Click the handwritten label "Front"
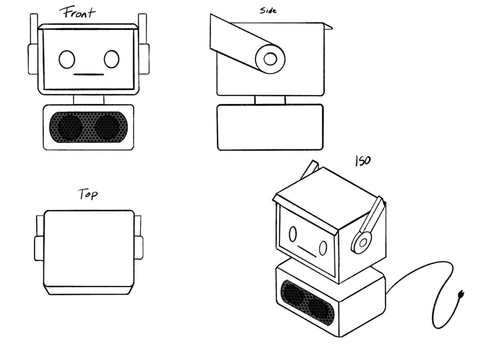pyautogui.click(x=78, y=13)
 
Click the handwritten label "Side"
pyautogui.click(x=268, y=11)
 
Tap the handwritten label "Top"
pyautogui.click(x=87, y=194)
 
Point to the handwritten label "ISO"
pyautogui.click(x=363, y=160)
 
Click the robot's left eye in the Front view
pyautogui.click(x=67, y=60)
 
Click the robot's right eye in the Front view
pyautogui.click(x=111, y=59)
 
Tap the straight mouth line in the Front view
pyautogui.click(x=89, y=74)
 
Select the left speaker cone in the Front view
pyautogui.click(x=70, y=127)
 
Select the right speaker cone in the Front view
pyautogui.click(x=107, y=127)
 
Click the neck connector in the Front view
pyautogui.click(x=88, y=100)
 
